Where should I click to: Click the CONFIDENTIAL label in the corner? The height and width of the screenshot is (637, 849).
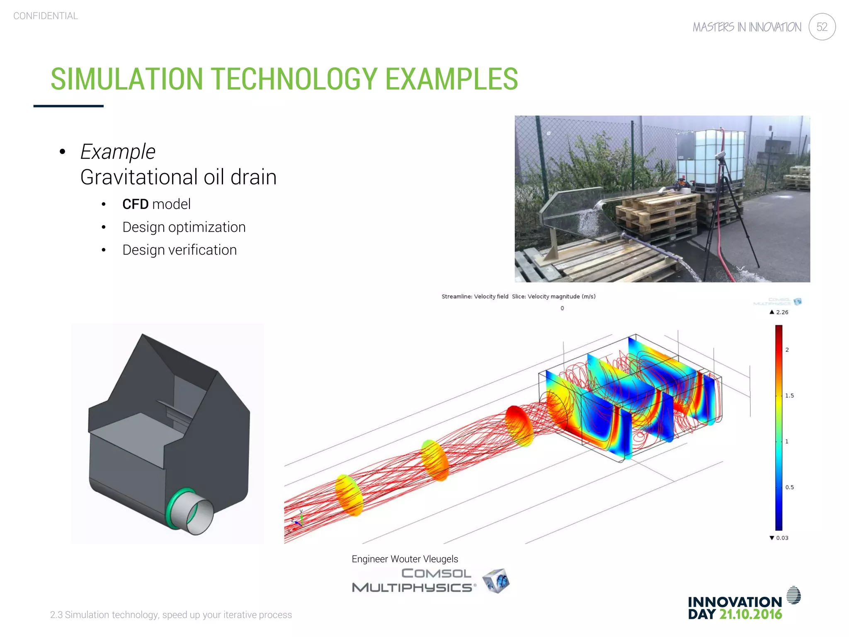(46, 16)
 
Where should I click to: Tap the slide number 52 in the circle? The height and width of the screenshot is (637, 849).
(822, 27)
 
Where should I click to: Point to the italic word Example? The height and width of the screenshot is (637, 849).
(118, 152)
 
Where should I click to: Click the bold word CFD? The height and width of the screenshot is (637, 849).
(135, 204)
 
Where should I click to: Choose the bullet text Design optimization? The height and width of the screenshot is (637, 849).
(184, 227)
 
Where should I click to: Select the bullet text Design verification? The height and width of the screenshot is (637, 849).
(180, 250)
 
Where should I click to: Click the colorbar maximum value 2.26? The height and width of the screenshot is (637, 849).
(782, 312)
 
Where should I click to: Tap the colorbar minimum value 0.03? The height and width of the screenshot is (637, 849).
(782, 538)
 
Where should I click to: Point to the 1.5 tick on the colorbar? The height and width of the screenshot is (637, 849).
(789, 396)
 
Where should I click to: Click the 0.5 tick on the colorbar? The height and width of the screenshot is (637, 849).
(789, 487)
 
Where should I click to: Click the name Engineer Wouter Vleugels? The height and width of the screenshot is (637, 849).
(405, 559)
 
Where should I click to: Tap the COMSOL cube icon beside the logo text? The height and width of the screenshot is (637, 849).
(497, 581)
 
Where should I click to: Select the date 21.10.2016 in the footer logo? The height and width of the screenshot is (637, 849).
(750, 614)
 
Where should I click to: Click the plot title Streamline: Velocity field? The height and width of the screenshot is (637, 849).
(475, 297)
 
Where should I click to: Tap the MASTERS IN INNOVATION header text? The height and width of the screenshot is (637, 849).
(747, 27)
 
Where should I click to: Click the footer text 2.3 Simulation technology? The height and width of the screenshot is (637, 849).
(171, 615)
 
